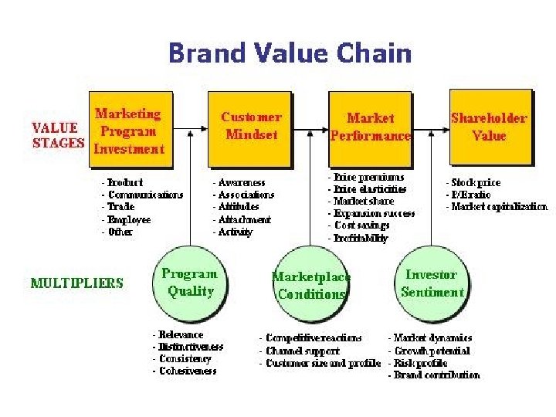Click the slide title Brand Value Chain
coord(290,54)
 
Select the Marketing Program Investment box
coord(129,130)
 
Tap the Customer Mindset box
coord(251,127)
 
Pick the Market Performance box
coord(370,127)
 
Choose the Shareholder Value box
coord(489,127)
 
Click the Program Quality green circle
coord(189,282)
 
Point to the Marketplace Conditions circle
coord(310,285)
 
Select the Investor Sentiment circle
coord(432,283)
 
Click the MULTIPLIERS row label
coord(76,283)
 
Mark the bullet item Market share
coord(363,201)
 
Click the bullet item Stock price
coord(475,183)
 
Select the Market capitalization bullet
coord(498,207)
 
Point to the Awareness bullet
coord(241,183)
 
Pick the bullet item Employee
coord(128,220)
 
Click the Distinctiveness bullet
coord(190,347)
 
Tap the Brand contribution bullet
coord(436,375)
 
